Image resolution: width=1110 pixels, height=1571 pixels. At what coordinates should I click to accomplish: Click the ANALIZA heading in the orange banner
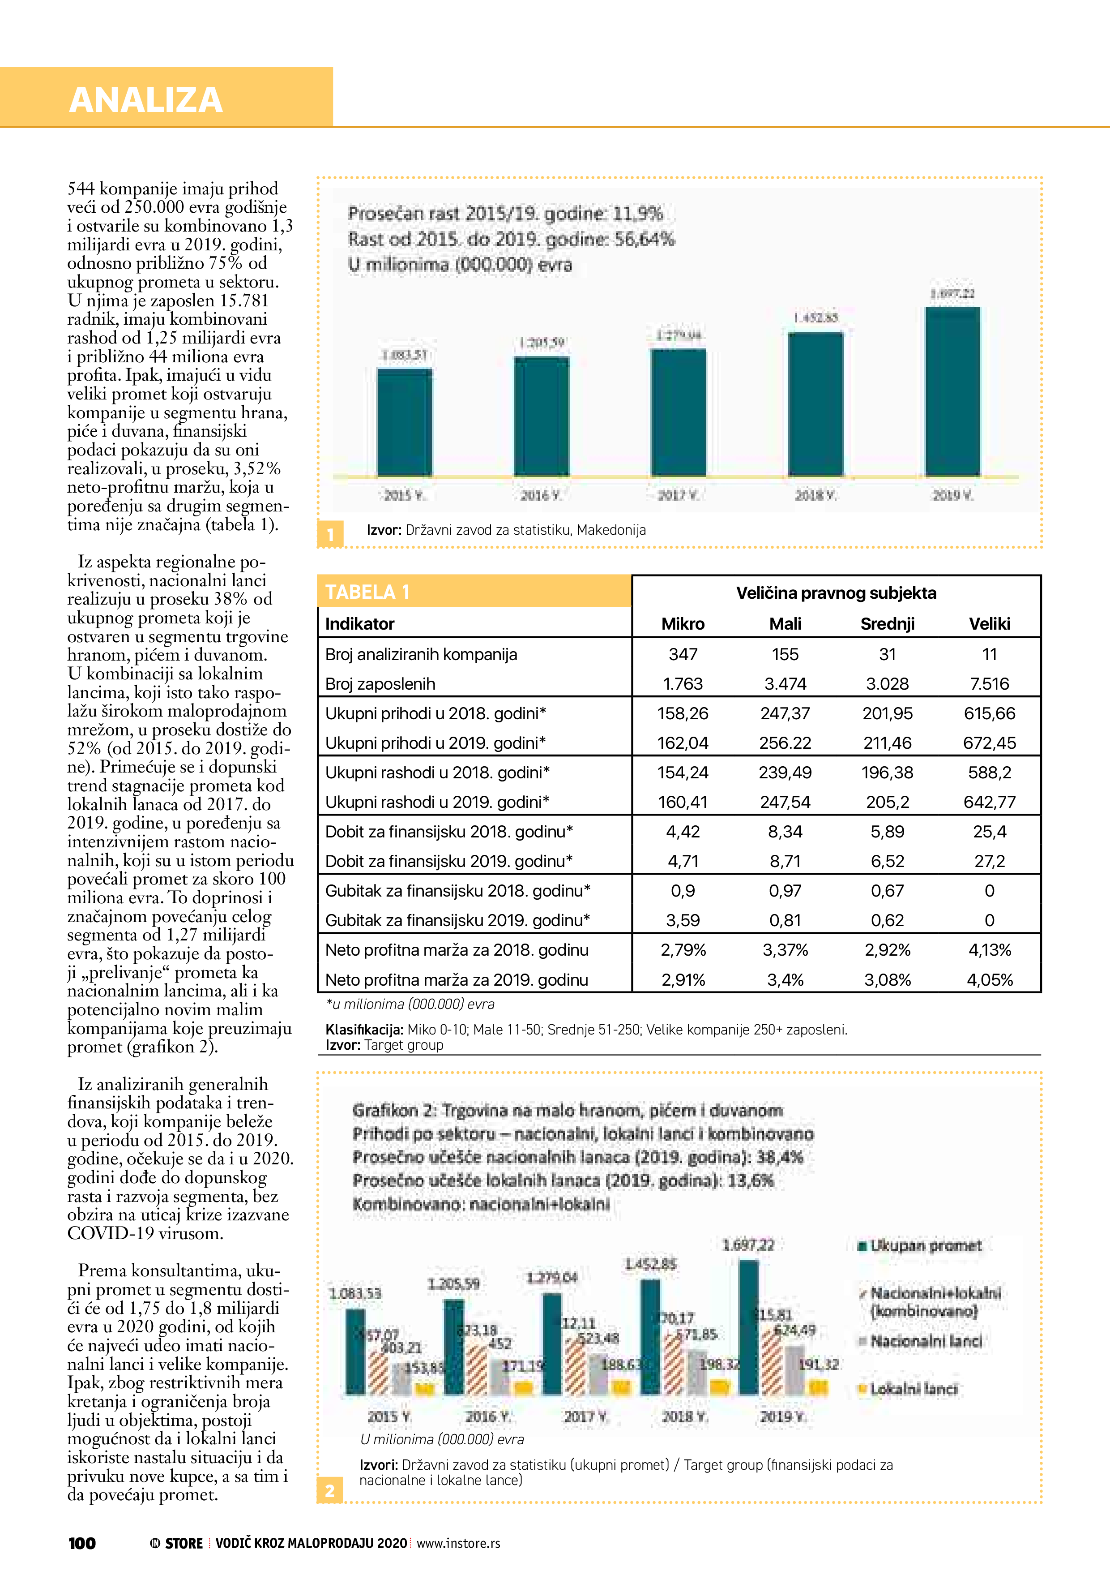click(145, 100)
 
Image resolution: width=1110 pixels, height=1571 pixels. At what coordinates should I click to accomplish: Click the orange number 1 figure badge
click(330, 534)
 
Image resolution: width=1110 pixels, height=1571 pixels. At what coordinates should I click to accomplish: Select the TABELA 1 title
click(367, 592)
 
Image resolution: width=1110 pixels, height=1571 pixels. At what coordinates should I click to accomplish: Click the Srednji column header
click(887, 623)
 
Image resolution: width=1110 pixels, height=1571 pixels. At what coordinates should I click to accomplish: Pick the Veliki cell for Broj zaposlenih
click(989, 683)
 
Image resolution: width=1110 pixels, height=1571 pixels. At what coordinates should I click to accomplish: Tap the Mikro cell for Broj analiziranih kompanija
click(683, 654)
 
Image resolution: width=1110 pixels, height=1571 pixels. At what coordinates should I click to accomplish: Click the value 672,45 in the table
click(989, 743)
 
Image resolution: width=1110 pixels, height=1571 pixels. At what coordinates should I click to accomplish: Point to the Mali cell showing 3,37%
click(785, 950)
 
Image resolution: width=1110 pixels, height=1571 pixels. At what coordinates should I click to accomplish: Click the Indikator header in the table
click(360, 623)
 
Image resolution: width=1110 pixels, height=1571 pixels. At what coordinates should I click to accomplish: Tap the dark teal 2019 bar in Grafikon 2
click(749, 1327)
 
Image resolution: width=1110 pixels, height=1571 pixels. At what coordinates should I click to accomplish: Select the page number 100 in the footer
click(82, 1543)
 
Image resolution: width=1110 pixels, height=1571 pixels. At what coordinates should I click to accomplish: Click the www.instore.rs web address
click(458, 1543)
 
